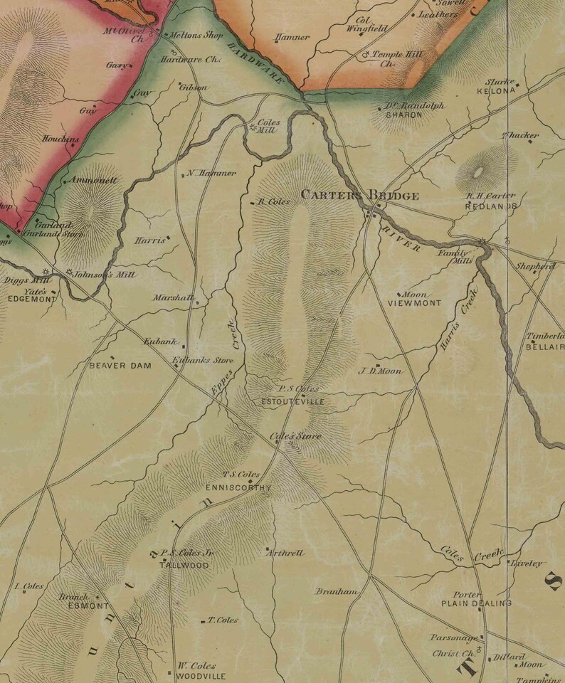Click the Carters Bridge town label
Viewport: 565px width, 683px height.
[x=359, y=195]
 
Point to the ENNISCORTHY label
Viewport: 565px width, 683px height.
[x=238, y=488]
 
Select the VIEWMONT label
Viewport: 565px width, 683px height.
[x=414, y=303]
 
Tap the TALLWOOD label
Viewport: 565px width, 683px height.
[x=184, y=565]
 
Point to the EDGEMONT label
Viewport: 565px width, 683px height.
[x=31, y=300]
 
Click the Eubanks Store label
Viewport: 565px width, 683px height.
[x=203, y=360]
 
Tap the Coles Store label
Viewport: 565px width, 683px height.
[x=295, y=436]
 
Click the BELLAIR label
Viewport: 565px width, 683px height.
[x=545, y=346]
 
